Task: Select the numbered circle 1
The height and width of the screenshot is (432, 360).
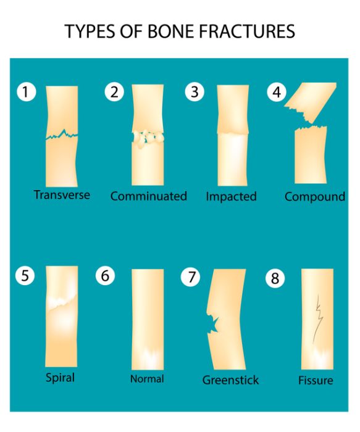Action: (26, 92)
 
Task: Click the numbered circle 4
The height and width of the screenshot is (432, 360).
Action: (277, 92)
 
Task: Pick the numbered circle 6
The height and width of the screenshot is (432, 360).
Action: (105, 276)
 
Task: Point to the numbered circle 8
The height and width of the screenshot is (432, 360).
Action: (275, 278)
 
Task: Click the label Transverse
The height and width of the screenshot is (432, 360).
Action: (62, 195)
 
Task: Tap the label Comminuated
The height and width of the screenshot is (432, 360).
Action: (149, 196)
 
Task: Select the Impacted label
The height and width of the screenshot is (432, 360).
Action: (232, 197)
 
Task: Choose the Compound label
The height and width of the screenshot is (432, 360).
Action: (315, 197)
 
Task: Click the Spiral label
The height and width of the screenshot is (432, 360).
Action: (60, 378)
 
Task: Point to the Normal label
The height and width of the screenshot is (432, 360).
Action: (147, 379)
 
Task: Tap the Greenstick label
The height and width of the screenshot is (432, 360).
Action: (230, 380)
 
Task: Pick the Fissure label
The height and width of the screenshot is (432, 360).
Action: (316, 381)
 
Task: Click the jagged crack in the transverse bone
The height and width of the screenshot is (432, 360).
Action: (62, 135)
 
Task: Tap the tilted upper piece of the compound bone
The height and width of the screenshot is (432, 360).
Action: (311, 101)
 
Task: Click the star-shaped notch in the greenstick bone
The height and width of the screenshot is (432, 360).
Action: (213, 325)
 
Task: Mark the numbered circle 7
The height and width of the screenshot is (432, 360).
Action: (190, 276)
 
